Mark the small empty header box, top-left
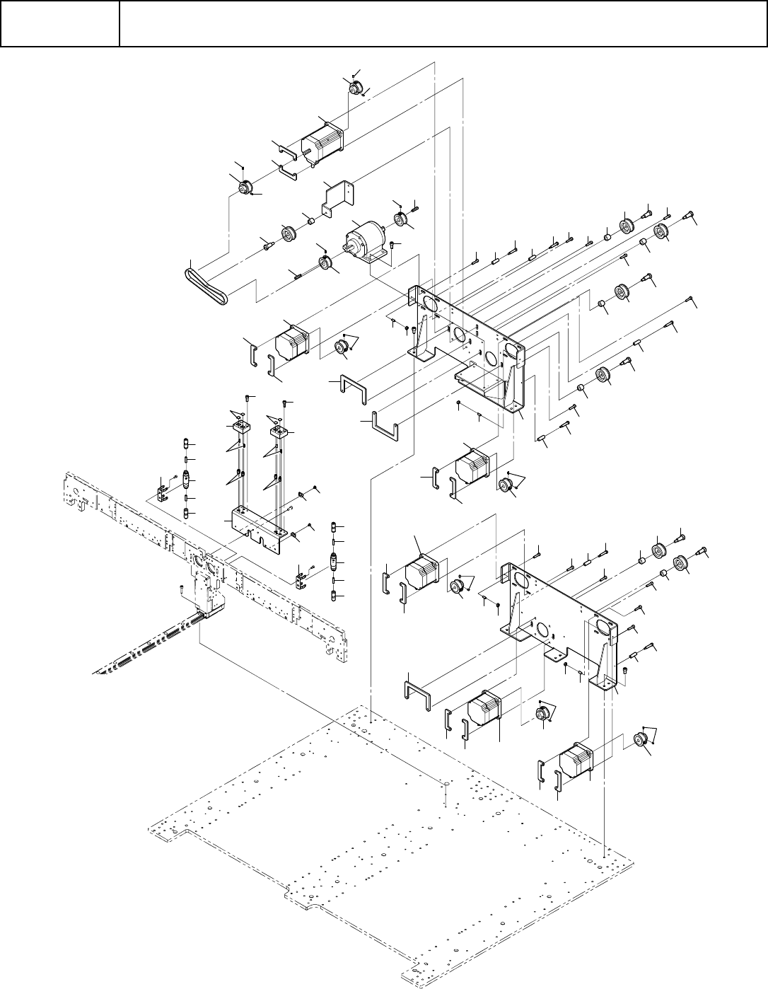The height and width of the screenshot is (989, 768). tap(59, 24)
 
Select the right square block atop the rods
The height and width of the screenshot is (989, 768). tap(278, 429)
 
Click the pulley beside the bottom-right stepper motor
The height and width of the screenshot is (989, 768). tap(641, 741)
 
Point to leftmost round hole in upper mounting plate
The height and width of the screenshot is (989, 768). tap(428, 303)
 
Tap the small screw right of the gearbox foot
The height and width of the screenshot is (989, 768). tap(395, 245)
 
